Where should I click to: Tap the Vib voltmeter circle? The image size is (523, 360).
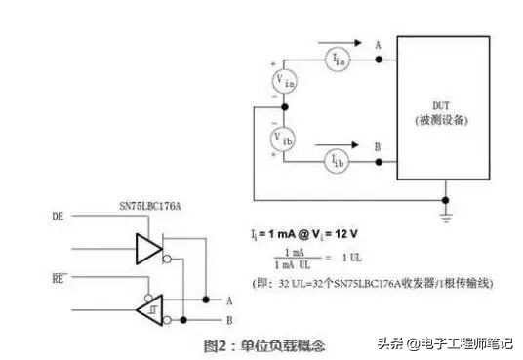tap(283, 137)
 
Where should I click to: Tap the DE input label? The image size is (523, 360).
tap(59, 215)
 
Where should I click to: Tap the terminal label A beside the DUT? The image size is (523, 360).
tap(378, 43)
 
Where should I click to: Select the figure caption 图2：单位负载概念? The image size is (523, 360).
tap(262, 344)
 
